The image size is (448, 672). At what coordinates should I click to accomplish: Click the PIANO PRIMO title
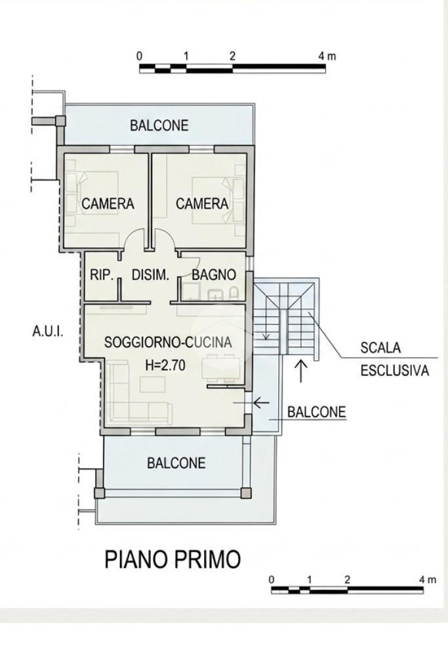(x=173, y=560)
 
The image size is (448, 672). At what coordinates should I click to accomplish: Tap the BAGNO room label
(x=214, y=275)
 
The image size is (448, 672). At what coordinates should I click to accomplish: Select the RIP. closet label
(x=102, y=275)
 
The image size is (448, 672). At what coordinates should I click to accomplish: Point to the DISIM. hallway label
(x=150, y=275)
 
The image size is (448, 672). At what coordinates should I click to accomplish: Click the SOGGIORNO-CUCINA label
(x=168, y=343)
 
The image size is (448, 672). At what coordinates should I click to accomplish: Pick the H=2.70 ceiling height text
(x=165, y=365)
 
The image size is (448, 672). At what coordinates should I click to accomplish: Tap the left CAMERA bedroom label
(x=108, y=203)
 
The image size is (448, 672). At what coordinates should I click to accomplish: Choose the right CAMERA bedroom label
(x=202, y=203)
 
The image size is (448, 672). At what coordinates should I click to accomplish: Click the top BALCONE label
(x=159, y=125)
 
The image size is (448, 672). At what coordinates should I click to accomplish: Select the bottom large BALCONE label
(x=176, y=463)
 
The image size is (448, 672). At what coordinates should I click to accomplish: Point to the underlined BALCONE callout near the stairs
(x=316, y=412)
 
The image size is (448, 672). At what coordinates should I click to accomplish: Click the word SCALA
(x=380, y=348)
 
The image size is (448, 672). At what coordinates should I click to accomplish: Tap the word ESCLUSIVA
(x=394, y=370)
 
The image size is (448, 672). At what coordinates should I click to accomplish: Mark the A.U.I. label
(x=47, y=331)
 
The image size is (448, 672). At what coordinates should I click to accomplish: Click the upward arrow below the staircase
(x=302, y=371)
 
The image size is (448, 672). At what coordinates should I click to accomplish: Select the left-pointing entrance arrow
(x=261, y=402)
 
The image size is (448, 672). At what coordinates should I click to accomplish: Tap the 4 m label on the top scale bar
(x=327, y=56)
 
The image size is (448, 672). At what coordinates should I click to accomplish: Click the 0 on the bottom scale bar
(x=272, y=580)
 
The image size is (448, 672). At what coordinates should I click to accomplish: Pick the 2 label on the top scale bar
(x=232, y=56)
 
